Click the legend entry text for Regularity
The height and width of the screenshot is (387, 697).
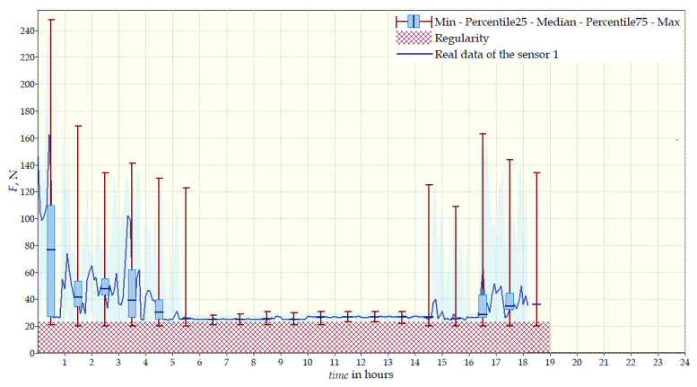coord(461,39)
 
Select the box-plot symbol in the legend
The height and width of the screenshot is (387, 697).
coord(413,21)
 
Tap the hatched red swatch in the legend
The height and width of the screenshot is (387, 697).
coord(413,39)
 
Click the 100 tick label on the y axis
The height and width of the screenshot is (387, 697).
coord(25,219)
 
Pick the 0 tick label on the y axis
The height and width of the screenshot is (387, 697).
coord(30,353)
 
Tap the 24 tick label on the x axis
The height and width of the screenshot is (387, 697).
coord(684,363)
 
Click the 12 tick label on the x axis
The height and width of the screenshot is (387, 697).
coord(361,363)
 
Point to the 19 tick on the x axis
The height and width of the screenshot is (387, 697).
coord(550,363)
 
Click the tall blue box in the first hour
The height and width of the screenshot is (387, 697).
coord(51,260)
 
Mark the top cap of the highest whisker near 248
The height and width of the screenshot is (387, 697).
coord(51,19)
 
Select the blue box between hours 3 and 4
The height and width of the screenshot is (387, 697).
coord(132,293)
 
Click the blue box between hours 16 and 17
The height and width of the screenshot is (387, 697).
coord(483,304)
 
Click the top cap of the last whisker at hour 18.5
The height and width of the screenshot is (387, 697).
coord(536,172)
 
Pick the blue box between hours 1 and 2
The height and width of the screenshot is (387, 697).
coord(78,294)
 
